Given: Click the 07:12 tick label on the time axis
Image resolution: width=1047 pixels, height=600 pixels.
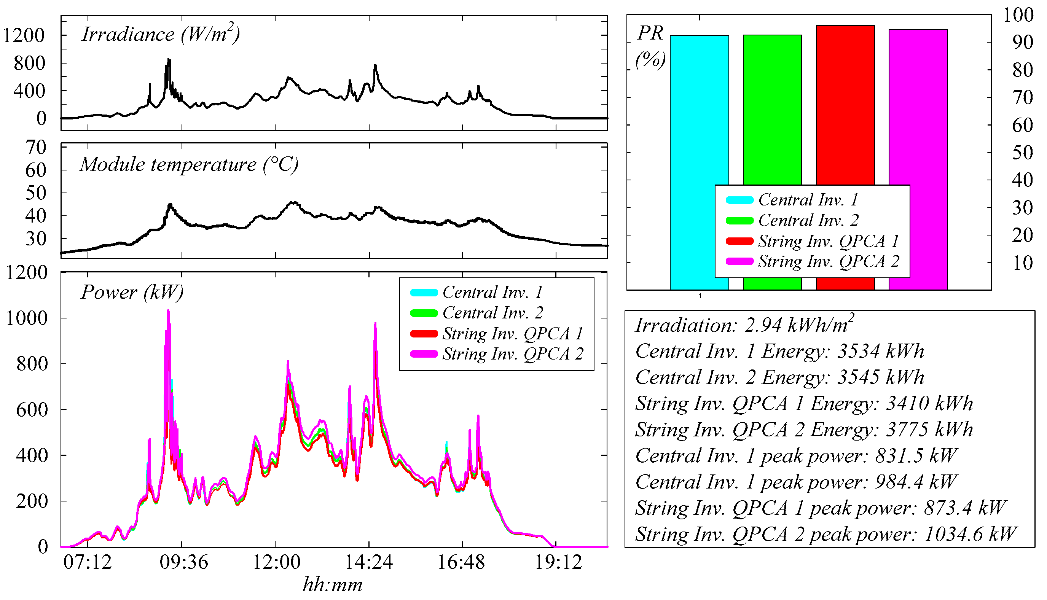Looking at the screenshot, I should (88, 562).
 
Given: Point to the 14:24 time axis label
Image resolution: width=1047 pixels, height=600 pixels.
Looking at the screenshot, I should (368, 562).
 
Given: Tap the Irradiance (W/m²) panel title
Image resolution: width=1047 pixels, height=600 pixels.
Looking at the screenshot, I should (160, 34).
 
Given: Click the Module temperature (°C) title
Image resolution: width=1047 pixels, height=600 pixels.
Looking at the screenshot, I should (189, 164).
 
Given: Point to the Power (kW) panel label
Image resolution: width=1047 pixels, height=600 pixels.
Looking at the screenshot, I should (132, 293).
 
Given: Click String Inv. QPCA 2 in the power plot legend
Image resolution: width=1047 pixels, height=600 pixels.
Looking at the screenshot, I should (513, 354).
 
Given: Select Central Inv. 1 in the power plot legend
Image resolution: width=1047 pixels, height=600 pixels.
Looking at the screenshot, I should (492, 293).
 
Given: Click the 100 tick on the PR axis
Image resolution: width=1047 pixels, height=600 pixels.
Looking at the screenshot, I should (1018, 15).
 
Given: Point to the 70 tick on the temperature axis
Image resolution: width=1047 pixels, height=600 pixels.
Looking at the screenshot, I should (36, 148).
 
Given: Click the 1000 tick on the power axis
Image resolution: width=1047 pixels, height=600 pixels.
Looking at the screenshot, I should (27, 318).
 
